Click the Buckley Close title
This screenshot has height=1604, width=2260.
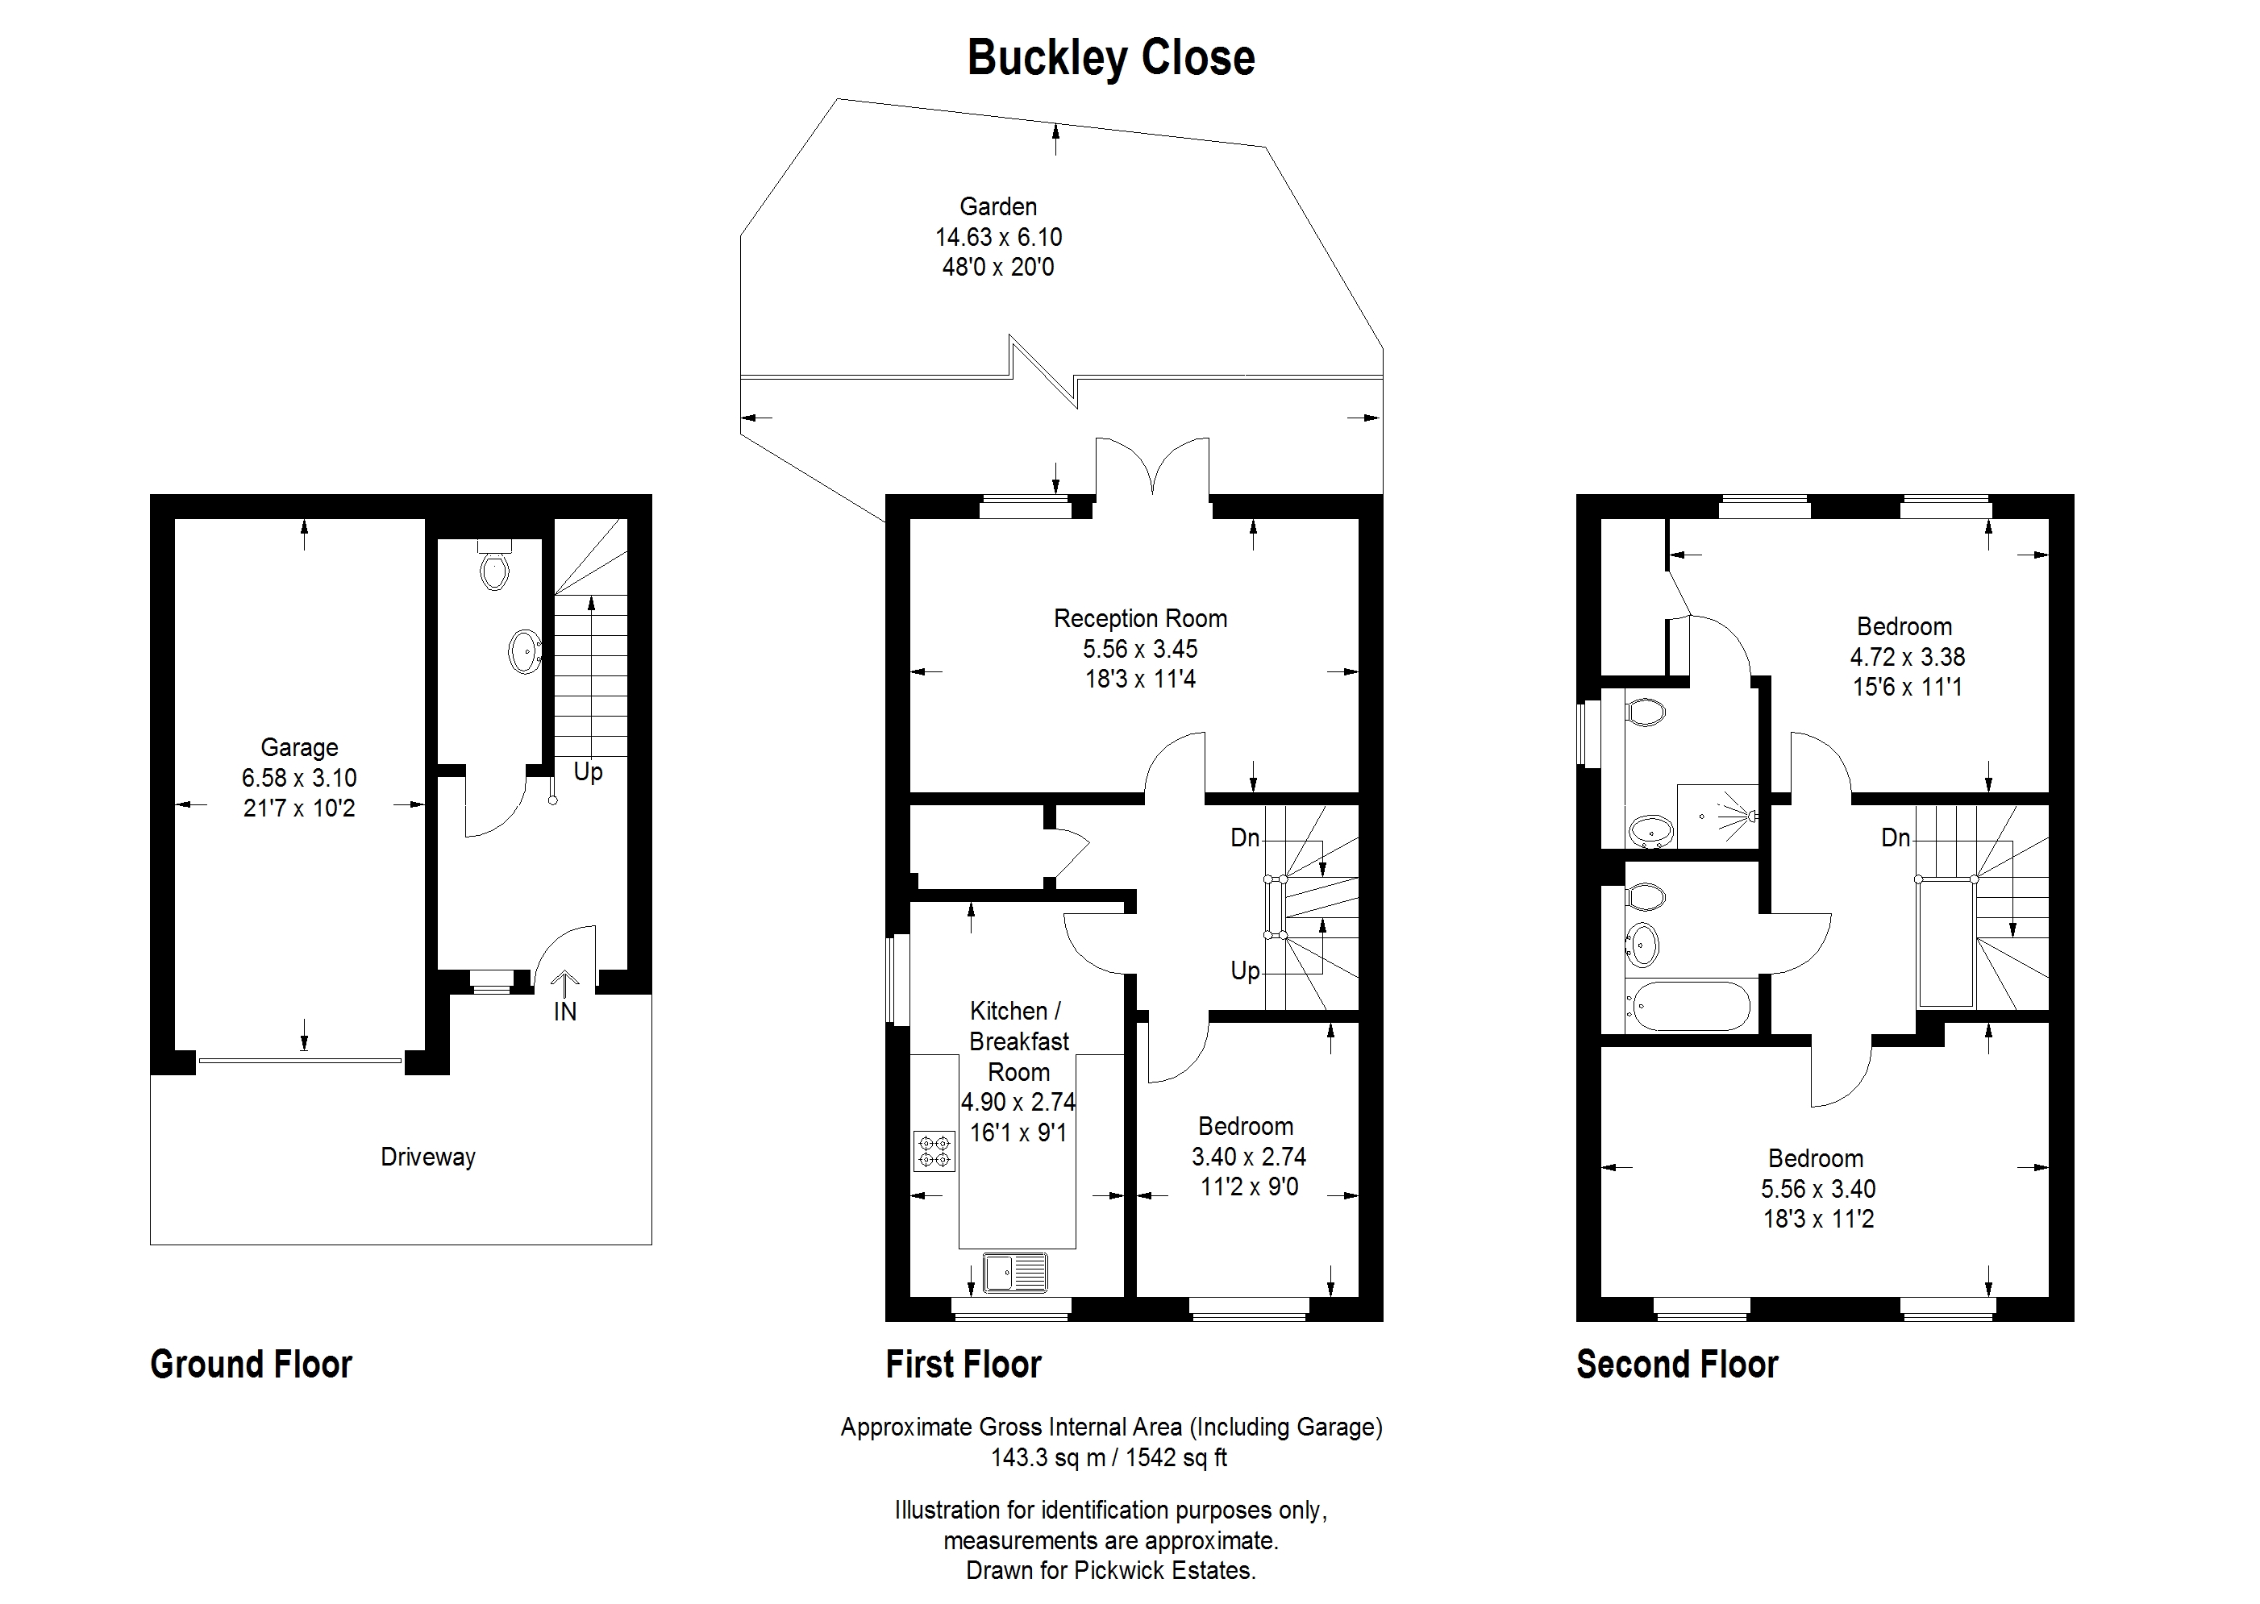(x=1111, y=58)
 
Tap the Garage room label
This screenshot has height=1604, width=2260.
(x=299, y=748)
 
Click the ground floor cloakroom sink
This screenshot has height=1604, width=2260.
(x=525, y=652)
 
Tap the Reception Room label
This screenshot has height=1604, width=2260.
(x=1141, y=618)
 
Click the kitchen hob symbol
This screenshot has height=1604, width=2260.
(x=934, y=1151)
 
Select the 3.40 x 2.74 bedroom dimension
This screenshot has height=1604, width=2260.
(x=1250, y=1156)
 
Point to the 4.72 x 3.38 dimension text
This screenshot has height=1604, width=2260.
(x=1908, y=657)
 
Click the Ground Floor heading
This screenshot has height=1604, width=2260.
(x=251, y=1364)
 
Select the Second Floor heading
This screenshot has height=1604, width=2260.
(x=1677, y=1364)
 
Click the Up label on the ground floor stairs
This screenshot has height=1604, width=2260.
(x=588, y=772)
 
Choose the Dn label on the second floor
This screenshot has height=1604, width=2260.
(x=1896, y=838)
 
